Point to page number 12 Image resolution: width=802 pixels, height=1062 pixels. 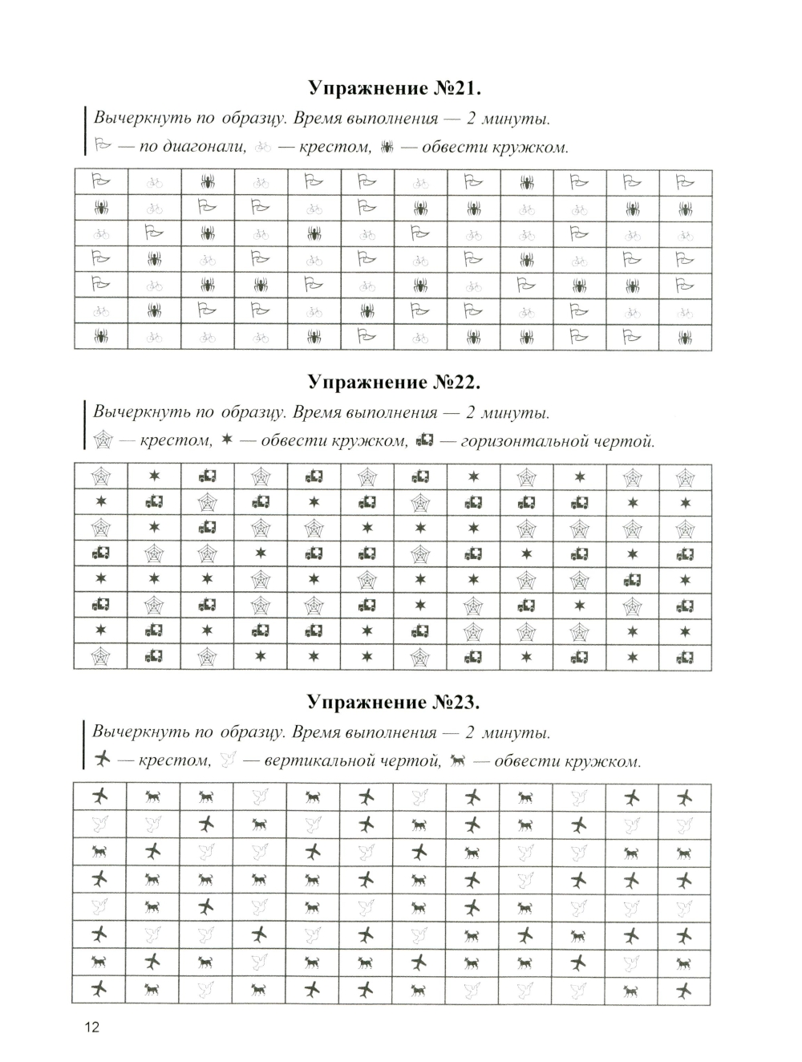(x=91, y=1028)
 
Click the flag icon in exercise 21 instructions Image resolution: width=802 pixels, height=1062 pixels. (x=102, y=146)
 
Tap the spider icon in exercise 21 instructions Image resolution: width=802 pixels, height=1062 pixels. (x=388, y=147)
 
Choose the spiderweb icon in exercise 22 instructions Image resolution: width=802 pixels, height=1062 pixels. (x=104, y=440)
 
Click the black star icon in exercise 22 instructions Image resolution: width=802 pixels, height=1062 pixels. (x=227, y=440)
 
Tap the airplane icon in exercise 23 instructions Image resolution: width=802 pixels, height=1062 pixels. (x=102, y=758)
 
